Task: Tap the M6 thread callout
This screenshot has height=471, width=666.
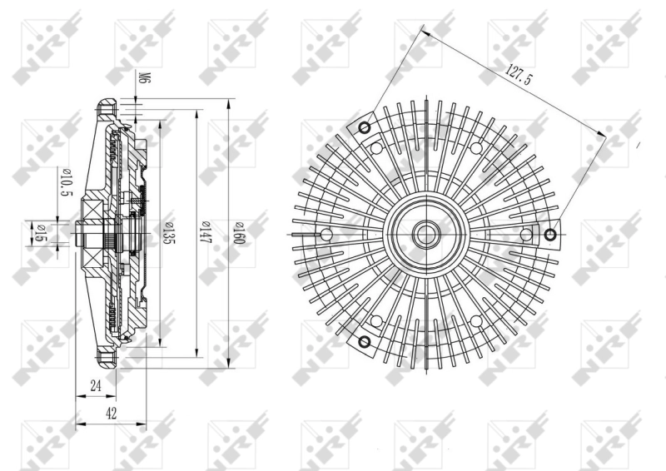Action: (x=143, y=79)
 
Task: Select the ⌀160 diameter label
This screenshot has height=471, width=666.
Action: (x=238, y=232)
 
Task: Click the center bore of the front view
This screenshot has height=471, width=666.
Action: (x=425, y=234)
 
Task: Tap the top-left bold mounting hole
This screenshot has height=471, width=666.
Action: (x=363, y=127)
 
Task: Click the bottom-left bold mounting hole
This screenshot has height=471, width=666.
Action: (x=363, y=341)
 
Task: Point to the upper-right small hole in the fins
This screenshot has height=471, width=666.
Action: (x=475, y=148)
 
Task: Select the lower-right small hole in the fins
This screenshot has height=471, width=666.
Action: (x=475, y=320)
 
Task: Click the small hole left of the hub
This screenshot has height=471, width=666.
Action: (x=326, y=234)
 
